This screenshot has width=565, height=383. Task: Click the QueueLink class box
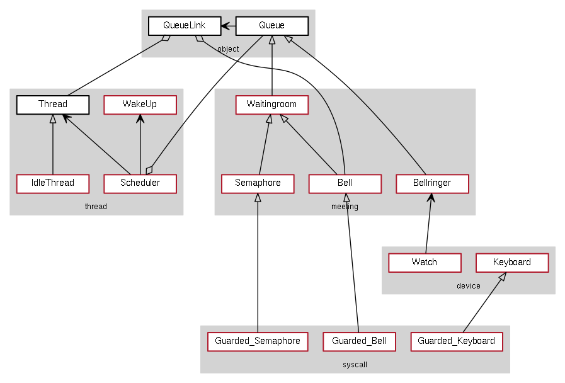185,26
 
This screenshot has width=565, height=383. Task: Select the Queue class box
271,26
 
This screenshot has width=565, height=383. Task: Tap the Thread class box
53,105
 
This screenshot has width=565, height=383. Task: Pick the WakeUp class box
140,105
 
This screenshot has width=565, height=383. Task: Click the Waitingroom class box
271,105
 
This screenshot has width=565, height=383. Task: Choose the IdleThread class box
53,183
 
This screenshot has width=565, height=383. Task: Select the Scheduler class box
140,183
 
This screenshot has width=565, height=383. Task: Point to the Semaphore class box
258,183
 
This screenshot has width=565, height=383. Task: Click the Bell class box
345,183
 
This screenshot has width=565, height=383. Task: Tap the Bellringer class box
432,183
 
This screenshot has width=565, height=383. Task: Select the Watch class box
425,262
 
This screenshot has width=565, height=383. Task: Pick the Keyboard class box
511,262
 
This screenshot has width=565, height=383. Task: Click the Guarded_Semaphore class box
258,341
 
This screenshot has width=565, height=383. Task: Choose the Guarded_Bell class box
359,341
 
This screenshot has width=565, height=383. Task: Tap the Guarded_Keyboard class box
456,341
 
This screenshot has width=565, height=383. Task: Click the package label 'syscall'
355,365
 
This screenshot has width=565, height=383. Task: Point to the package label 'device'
468,286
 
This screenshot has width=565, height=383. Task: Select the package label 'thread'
96,207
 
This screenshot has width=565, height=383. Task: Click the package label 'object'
228,49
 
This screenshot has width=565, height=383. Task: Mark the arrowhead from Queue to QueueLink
225,26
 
